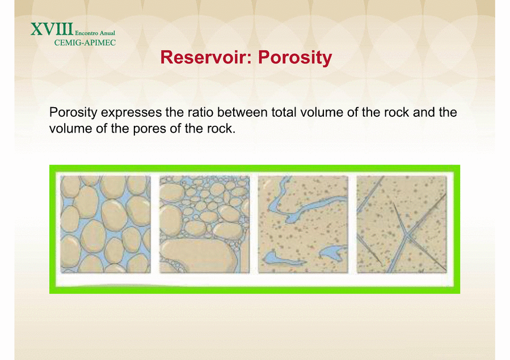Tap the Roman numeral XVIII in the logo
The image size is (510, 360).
click(52, 29)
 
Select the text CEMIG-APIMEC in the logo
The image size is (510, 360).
click(85, 43)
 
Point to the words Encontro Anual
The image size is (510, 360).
click(95, 33)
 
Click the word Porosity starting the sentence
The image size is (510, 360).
click(73, 113)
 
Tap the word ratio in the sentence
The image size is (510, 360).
click(201, 112)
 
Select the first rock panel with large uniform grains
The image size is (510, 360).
click(106, 224)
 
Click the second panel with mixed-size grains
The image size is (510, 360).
click(204, 224)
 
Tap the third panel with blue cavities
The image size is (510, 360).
click(303, 224)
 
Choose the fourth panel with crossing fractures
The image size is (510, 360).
click(402, 224)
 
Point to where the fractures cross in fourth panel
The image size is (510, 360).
click(407, 235)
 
